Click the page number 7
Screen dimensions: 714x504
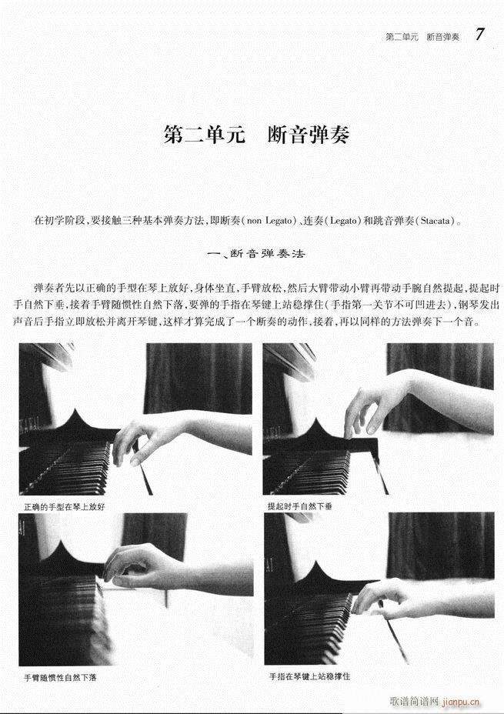click(479, 34)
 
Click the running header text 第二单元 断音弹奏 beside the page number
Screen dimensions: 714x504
click(422, 36)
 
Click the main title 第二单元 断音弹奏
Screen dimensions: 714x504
click(256, 135)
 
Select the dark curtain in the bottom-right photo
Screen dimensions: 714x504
click(439, 546)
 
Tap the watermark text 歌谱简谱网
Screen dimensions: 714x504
click(416, 701)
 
